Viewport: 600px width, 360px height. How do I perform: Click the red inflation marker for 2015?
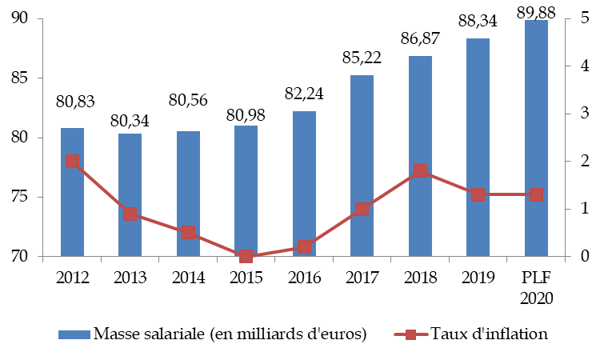(x=246, y=256)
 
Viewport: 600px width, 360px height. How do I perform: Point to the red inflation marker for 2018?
(x=420, y=170)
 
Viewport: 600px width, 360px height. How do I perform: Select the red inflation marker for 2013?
(x=130, y=214)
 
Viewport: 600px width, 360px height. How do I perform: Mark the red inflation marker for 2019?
(x=478, y=194)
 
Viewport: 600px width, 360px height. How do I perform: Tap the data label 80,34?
(x=130, y=121)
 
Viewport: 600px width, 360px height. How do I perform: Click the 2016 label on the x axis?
(x=304, y=278)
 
